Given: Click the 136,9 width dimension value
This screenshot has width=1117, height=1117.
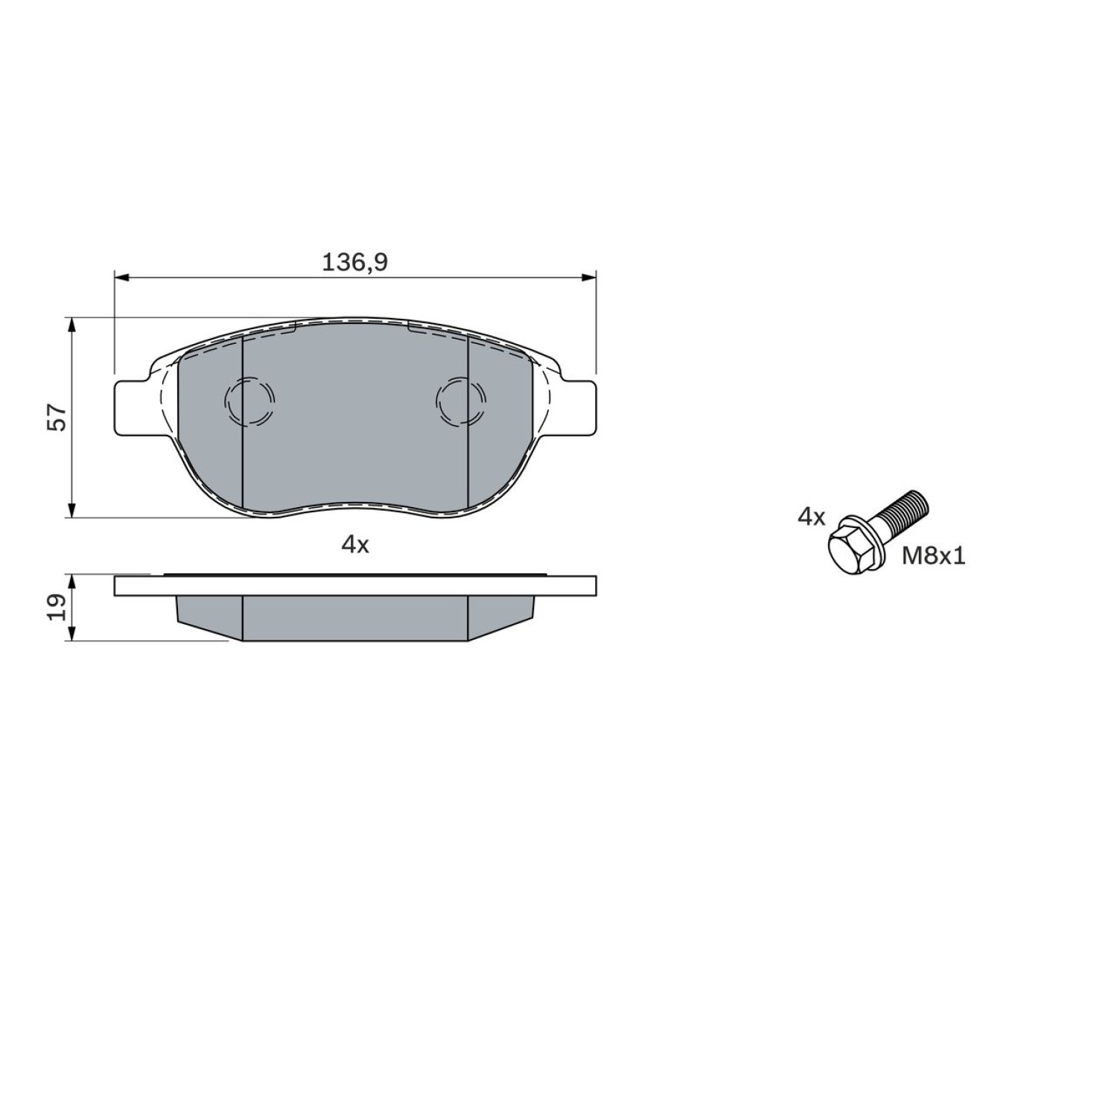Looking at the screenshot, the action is [x=355, y=262].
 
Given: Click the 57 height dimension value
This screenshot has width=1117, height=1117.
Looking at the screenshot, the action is [x=58, y=418].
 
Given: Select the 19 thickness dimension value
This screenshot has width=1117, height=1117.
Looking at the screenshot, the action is [x=58, y=607].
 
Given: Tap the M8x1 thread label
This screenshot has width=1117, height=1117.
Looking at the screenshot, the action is [x=934, y=556].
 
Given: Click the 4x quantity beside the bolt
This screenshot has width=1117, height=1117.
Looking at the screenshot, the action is [x=812, y=517].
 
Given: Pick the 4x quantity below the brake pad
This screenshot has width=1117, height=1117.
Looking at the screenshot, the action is [x=355, y=545].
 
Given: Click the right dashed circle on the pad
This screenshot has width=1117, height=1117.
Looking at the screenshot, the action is [x=462, y=401].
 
